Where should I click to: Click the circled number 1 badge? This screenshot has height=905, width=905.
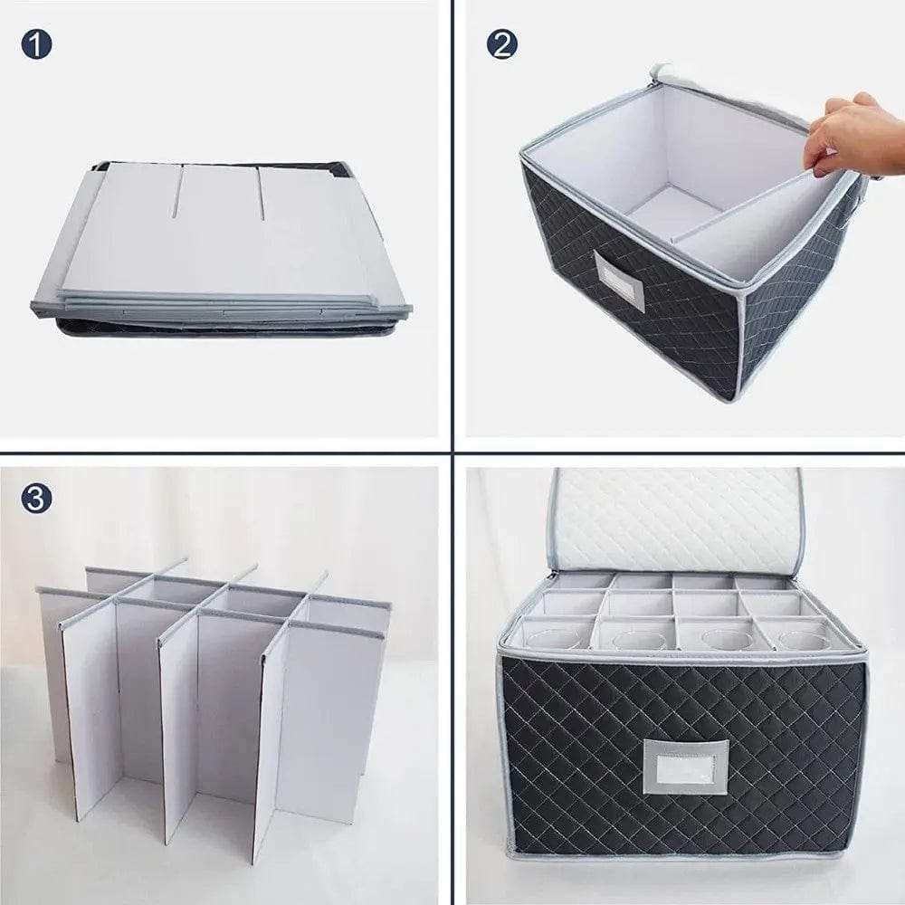click(36, 43)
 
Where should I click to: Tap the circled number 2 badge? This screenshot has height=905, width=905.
click(501, 43)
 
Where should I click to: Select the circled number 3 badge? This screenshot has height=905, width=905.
click(36, 498)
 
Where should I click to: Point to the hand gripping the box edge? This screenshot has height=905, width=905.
click(846, 136)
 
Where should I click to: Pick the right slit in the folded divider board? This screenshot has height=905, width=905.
click(261, 192)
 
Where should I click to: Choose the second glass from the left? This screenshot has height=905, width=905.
click(635, 640)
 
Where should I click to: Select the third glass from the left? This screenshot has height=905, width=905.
click(719, 640)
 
